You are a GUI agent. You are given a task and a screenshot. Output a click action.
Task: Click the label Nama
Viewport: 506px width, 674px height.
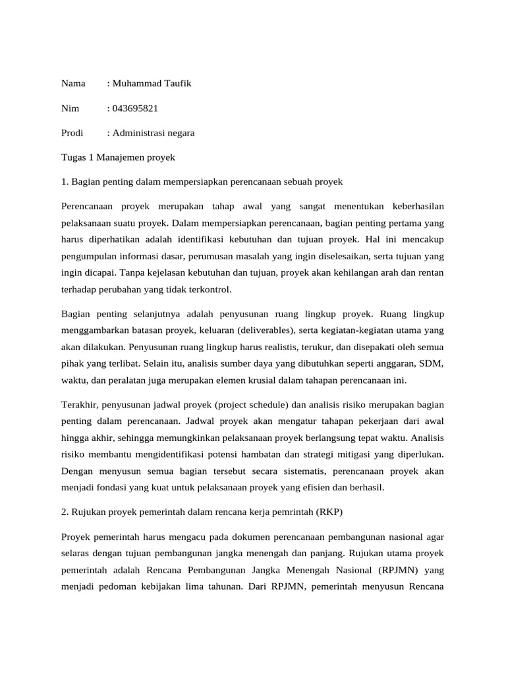click(x=73, y=84)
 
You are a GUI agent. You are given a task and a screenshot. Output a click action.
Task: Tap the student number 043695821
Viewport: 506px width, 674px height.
click(x=135, y=108)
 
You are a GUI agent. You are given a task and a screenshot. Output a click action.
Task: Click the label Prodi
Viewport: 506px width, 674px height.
click(x=72, y=133)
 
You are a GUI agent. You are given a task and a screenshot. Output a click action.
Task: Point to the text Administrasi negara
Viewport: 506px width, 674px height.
click(x=154, y=133)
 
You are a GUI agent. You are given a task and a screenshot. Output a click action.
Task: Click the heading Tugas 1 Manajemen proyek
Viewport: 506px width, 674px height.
click(x=117, y=157)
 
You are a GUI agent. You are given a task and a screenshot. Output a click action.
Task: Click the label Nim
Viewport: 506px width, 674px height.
click(x=70, y=108)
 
